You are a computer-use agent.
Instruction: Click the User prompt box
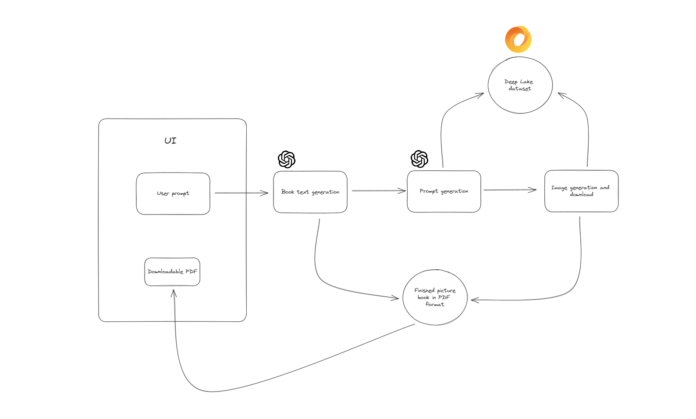tap(173, 194)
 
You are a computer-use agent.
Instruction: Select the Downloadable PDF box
tap(172, 271)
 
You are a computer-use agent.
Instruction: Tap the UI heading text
tap(170, 141)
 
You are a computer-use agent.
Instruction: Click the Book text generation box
tap(310, 192)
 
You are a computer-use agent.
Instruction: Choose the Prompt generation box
tap(444, 191)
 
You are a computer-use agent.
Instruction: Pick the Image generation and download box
tap(581, 191)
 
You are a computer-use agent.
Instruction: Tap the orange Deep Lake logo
tap(518, 39)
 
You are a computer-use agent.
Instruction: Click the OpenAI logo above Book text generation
tap(287, 159)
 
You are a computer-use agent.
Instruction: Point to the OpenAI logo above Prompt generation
tap(419, 159)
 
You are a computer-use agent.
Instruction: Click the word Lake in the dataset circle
tap(526, 81)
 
